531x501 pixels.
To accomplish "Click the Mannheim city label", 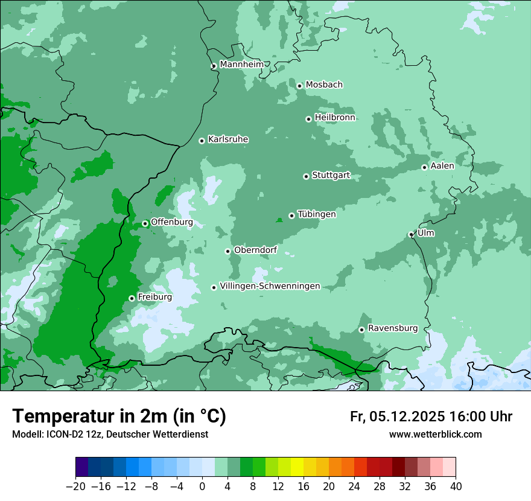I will click(x=242, y=64).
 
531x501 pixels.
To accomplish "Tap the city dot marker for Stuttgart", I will click(x=306, y=176).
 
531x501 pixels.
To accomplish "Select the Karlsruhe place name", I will click(x=228, y=139).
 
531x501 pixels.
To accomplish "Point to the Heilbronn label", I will click(x=335, y=117).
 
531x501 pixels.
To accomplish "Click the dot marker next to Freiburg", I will click(x=132, y=298).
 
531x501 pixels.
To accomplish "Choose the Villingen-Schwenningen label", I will click(x=270, y=286).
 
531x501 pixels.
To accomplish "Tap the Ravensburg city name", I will click(x=393, y=328).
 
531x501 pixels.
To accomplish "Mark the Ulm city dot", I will click(x=411, y=235).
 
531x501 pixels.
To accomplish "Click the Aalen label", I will click(x=442, y=166).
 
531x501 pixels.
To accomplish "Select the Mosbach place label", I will click(x=324, y=85).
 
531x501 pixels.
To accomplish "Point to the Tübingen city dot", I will click(x=291, y=215).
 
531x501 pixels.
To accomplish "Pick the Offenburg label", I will click(x=172, y=222).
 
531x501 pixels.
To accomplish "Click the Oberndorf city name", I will click(x=255, y=250).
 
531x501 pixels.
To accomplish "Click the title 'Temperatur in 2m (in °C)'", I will click(x=119, y=416).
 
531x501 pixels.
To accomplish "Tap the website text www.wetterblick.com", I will click(x=436, y=434).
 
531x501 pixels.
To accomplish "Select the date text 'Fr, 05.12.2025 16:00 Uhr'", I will click(x=431, y=416).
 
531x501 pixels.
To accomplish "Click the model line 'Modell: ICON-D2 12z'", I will click(x=58, y=434).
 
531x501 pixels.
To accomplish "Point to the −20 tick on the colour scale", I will click(x=75, y=486).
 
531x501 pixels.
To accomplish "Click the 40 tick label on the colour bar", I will click(x=456, y=486).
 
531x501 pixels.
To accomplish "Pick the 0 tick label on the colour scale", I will click(x=202, y=486).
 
